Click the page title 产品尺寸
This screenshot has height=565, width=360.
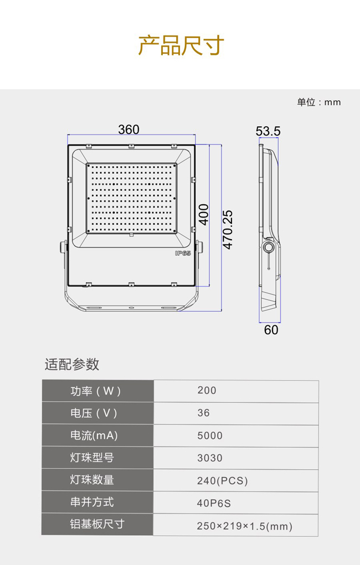coord(181,45)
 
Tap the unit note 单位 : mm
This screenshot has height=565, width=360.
coord(319,102)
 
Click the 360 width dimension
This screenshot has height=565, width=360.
coord(129,129)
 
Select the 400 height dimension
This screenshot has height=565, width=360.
coord(204,215)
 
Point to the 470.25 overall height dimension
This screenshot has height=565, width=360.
coord(228,230)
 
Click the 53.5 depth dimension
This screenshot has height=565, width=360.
coord(268,131)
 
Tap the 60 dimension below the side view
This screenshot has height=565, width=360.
coord(271,330)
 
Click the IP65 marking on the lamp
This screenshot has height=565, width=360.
coord(183,253)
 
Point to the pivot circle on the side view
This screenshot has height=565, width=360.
coord(268,247)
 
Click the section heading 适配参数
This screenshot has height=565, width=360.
coord(72,364)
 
